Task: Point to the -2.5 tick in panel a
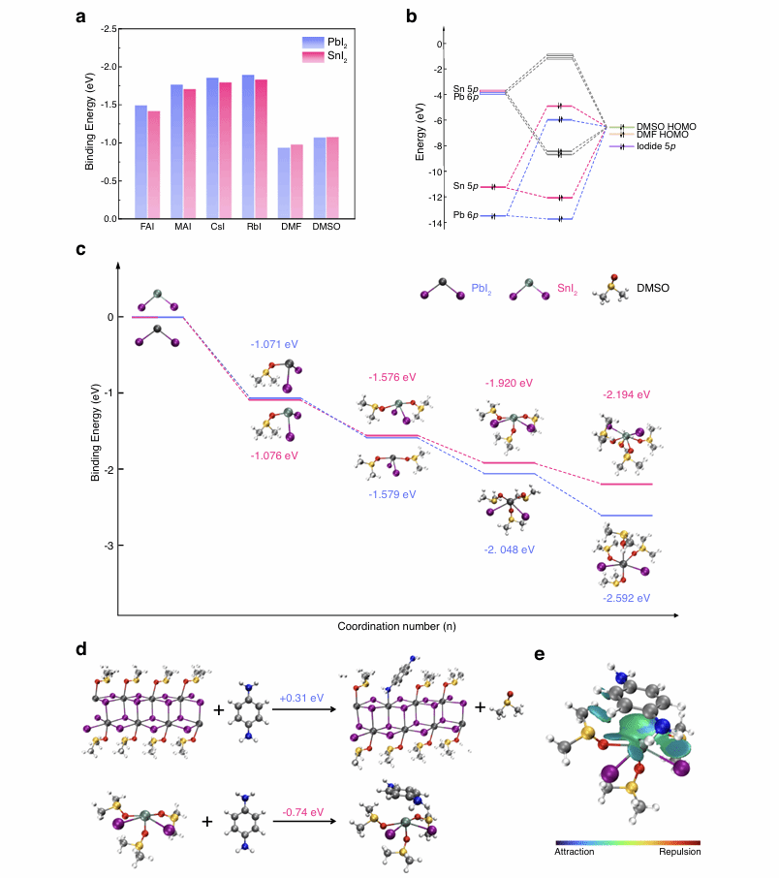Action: (117, 29)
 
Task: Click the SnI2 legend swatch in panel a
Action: (312, 56)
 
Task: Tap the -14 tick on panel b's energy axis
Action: (439, 224)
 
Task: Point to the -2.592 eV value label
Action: (625, 598)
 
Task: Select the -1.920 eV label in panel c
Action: (508, 384)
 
